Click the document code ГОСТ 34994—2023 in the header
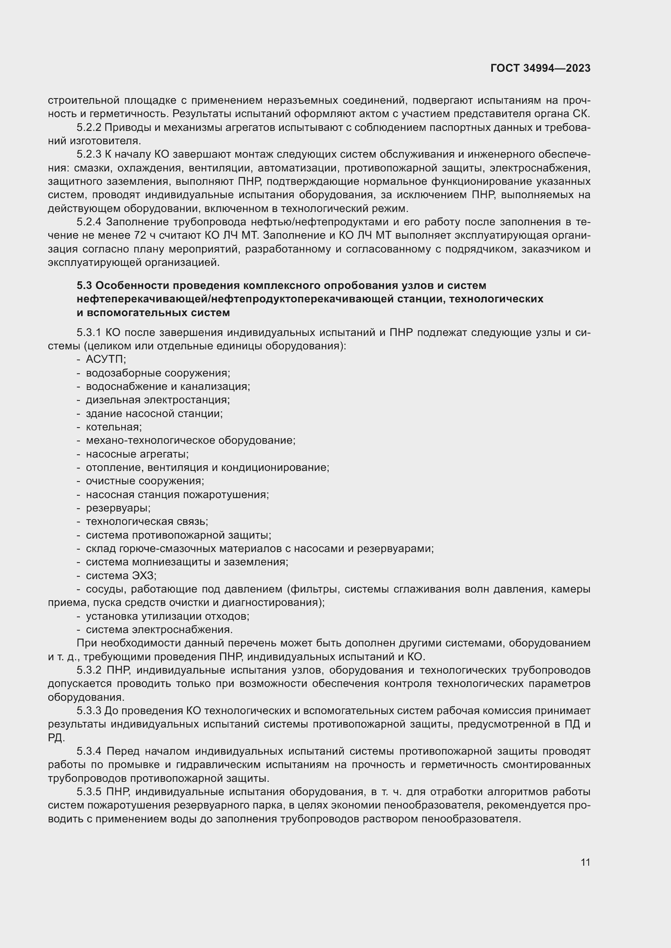[540, 68]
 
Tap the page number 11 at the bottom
[585, 862]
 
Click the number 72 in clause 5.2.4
[141, 236]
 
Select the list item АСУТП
[106, 359]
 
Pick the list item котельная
[114, 427]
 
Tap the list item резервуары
[118, 508]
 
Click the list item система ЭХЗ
[121, 576]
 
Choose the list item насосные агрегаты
[137, 454]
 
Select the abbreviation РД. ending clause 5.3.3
[56, 738]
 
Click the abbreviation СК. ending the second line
[582, 114]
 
